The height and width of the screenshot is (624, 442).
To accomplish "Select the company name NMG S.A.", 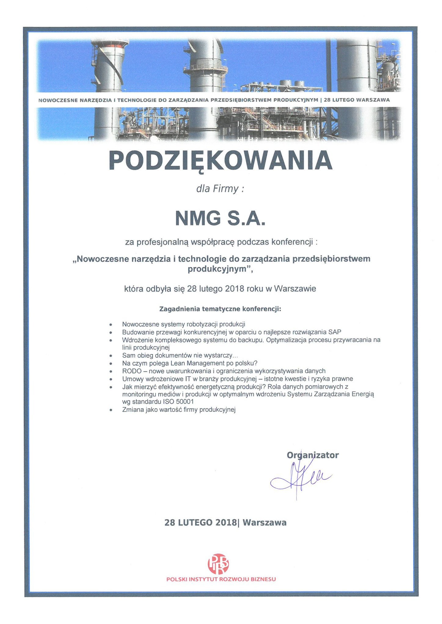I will tap(220, 219).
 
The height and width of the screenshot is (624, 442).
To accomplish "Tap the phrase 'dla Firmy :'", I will tap(220, 189).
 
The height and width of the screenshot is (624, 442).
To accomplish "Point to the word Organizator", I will tap(312, 455).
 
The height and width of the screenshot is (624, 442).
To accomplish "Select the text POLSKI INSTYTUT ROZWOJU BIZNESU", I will tap(221, 579).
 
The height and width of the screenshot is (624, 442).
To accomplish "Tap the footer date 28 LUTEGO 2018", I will tap(200, 522).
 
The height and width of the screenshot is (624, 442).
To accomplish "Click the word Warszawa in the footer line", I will tap(265, 522).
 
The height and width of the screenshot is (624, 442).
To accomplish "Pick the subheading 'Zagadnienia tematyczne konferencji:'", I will tap(220, 309).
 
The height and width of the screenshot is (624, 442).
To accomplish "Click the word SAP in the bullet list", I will tap(335, 332).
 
